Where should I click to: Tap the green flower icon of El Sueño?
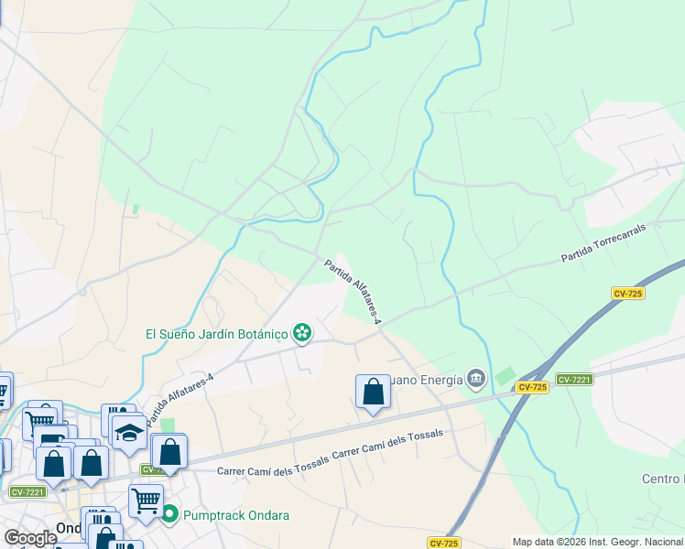(302, 334)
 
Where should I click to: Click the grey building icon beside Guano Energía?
(475, 378)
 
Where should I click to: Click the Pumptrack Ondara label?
(235, 515)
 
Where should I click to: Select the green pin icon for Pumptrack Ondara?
(170, 515)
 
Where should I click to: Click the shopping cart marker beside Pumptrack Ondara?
(147, 501)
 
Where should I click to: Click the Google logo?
(30, 537)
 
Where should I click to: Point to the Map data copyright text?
(597, 542)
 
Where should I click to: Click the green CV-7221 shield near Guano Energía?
(574, 379)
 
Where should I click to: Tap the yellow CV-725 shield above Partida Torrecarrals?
(630, 293)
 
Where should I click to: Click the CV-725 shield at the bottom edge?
(444, 543)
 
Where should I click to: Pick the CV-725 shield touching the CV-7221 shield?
(532, 388)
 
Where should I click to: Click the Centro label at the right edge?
(662, 479)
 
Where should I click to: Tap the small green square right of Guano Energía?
(505, 375)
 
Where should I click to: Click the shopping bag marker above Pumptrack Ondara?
(170, 452)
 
